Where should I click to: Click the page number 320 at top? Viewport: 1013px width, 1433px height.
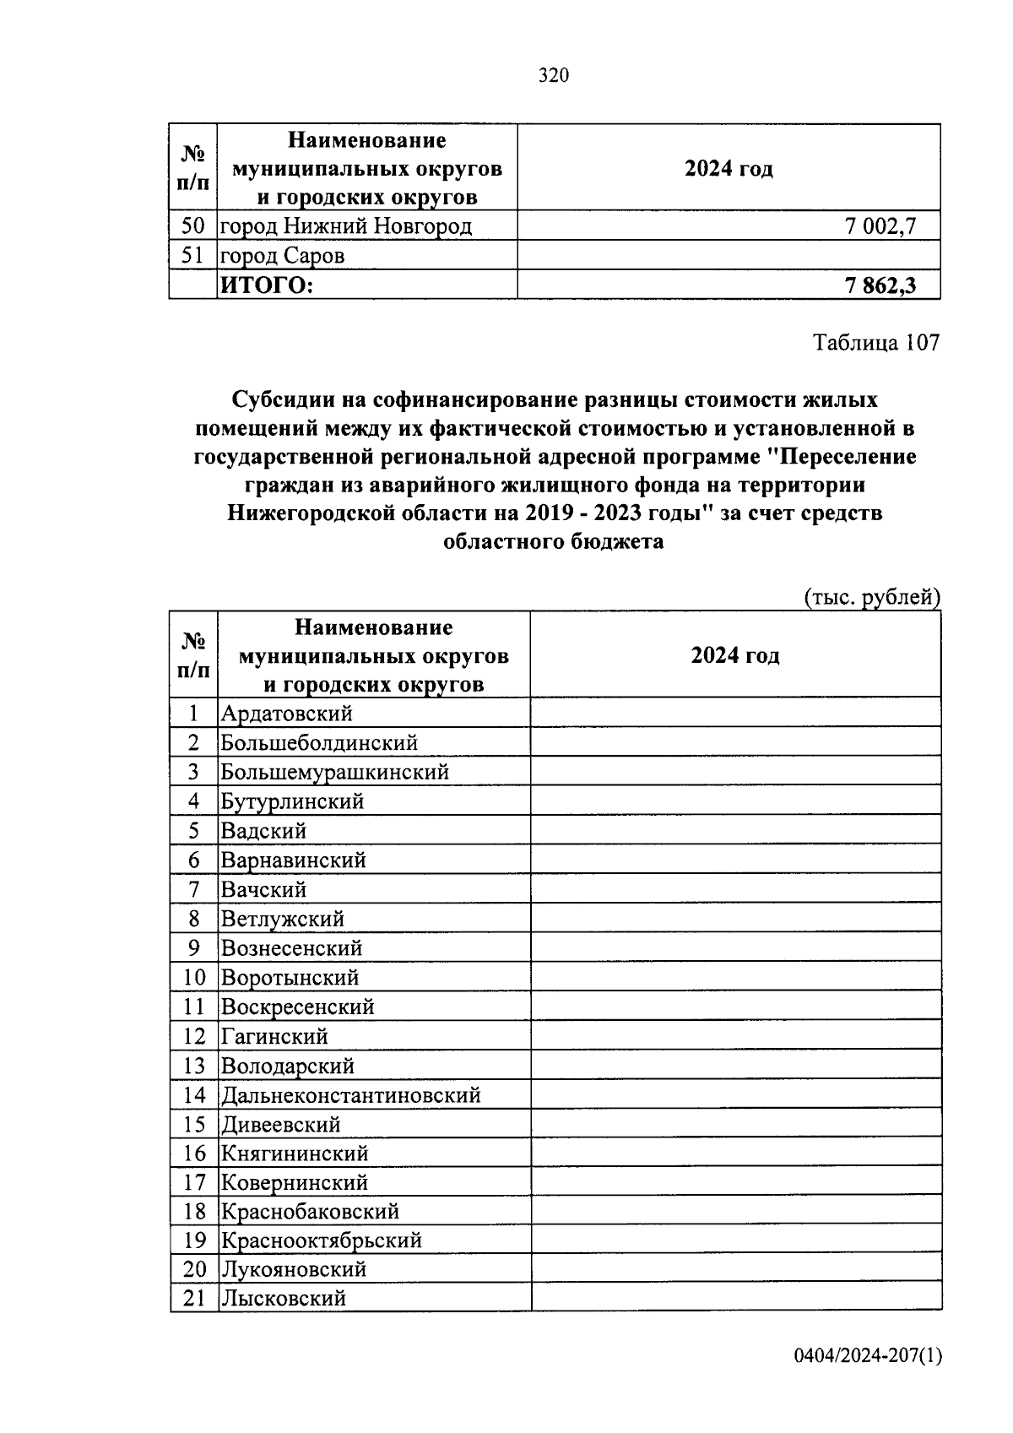[554, 76]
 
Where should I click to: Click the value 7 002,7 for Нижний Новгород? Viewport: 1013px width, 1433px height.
[880, 225]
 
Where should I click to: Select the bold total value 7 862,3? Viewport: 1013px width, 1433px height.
[880, 286]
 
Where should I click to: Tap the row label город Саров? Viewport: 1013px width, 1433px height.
[282, 256]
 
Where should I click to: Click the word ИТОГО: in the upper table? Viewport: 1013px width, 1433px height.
[266, 286]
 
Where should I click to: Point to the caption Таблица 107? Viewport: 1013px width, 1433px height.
[875, 343]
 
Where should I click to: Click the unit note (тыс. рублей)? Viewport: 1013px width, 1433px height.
[871, 597]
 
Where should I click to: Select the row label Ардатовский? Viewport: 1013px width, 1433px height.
[286, 714]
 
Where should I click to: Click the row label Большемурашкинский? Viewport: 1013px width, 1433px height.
[334, 772]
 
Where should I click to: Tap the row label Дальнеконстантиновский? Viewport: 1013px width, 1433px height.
[350, 1095]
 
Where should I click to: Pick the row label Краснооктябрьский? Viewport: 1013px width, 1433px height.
[321, 1240]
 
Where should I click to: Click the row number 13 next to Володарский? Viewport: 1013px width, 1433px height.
[193, 1066]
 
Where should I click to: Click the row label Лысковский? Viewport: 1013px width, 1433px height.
[283, 1299]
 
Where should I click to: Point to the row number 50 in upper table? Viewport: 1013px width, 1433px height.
[193, 225]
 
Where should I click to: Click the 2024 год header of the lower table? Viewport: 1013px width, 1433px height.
[735, 656]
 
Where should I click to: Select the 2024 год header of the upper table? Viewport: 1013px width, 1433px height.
[729, 168]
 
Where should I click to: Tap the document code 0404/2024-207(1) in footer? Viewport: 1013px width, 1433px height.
[867, 1356]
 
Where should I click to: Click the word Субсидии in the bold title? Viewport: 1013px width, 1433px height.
[284, 399]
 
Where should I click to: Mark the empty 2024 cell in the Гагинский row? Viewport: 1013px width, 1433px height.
[735, 1036]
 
